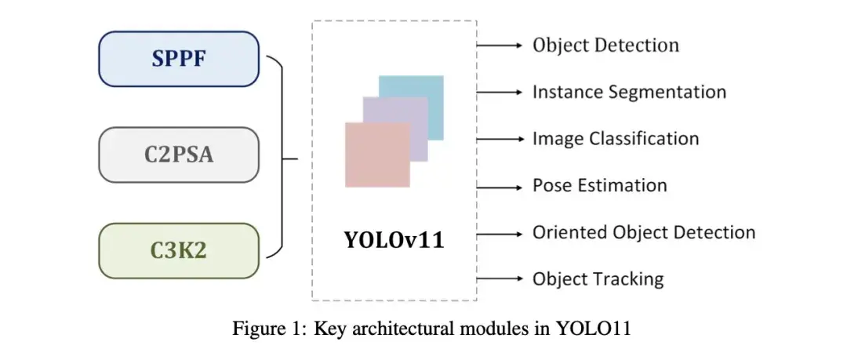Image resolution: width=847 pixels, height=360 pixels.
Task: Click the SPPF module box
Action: [179, 59]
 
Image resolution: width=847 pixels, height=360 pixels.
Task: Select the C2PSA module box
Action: [179, 155]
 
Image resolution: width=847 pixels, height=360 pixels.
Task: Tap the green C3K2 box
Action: [179, 251]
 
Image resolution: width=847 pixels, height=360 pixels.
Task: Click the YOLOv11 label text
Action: [394, 240]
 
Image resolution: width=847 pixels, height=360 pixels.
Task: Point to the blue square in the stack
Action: [423, 94]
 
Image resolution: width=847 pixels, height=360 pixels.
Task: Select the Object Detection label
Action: [605, 45]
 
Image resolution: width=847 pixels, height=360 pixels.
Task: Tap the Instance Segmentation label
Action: [629, 92]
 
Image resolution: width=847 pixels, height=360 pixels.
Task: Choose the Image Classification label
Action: [616, 139]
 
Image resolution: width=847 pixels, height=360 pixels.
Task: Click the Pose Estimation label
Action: [599, 186]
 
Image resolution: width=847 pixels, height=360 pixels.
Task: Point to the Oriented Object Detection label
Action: [643, 232]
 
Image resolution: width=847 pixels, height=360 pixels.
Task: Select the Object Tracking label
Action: [598, 278]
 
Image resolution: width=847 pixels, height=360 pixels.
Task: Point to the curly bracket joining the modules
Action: [280, 157]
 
